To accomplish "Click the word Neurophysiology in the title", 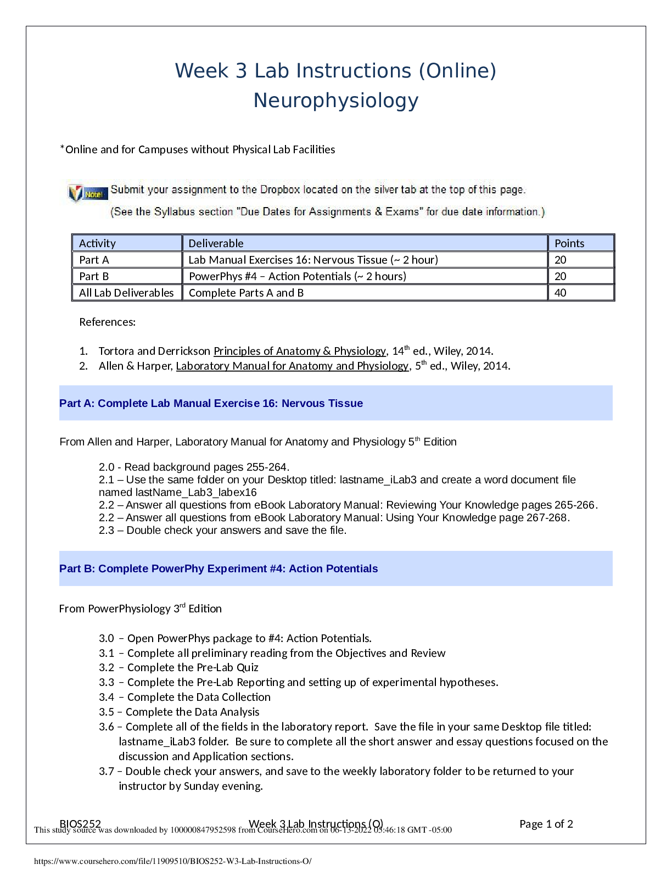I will (335, 101).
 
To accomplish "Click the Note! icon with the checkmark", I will (88, 193).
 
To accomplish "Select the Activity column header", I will (97, 243).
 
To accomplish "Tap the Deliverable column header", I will (216, 243).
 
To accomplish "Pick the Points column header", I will (569, 243).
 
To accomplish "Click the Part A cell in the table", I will (94, 260).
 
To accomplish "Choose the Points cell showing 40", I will (561, 293).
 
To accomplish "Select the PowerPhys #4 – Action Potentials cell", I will (297, 276).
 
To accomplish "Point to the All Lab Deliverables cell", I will (126, 293).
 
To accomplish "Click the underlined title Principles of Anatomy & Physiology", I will (300, 351).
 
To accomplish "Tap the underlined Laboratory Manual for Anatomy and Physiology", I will (292, 366).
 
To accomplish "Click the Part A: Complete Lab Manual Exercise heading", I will (211, 403).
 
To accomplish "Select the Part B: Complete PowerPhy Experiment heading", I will (219, 568).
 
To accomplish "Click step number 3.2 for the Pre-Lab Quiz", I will (107, 668).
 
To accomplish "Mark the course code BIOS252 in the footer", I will (80, 823).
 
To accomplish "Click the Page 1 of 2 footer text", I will (546, 824).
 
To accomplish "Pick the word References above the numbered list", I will (107, 322).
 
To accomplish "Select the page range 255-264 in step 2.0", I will (266, 467).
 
